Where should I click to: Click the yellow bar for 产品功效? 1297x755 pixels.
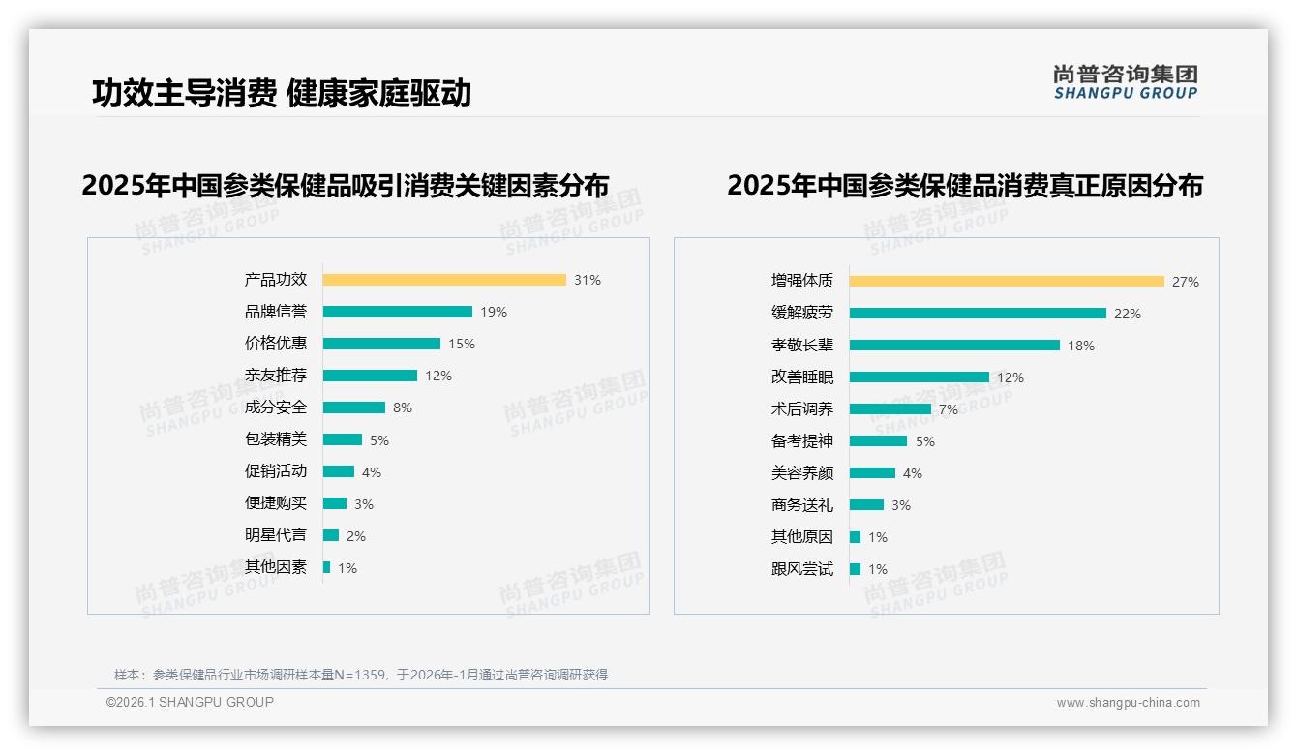[444, 280]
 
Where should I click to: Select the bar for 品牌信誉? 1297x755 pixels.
[397, 312]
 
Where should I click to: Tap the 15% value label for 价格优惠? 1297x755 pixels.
[462, 344]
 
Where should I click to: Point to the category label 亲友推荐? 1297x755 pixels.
[276, 376]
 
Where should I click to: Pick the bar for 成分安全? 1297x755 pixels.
[353, 408]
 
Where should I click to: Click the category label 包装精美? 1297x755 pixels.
[276, 439]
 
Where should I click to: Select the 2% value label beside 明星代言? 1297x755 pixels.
[356, 536]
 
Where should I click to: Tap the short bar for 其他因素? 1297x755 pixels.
[327, 567]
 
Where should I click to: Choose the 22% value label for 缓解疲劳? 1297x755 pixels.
[1128, 314]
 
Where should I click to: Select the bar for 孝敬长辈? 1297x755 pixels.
[954, 346]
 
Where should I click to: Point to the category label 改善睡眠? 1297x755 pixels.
[801, 377]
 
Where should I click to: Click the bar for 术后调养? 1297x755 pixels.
[890, 409]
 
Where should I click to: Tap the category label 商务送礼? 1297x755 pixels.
[801, 505]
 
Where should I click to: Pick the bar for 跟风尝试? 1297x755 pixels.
[856, 569]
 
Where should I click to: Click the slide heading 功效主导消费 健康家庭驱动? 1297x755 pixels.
[282, 93]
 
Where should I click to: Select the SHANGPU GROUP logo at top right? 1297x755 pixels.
[1126, 82]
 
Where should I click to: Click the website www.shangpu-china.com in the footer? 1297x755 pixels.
[1128, 703]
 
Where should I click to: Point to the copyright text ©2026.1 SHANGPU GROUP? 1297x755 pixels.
[190, 702]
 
